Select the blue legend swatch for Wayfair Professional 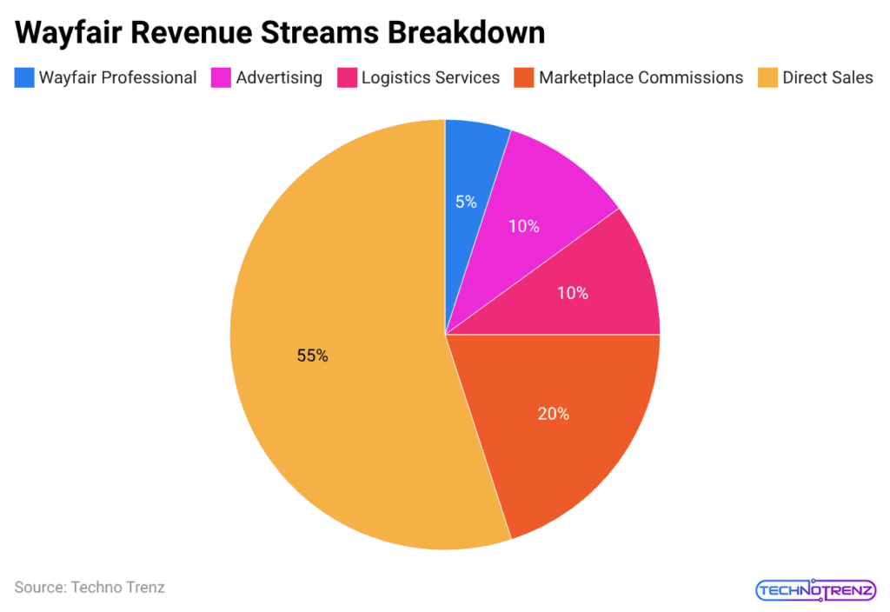click(x=24, y=77)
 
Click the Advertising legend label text click(x=279, y=77)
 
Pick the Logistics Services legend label click(x=430, y=77)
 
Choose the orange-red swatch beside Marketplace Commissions click(x=524, y=77)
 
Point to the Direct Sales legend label click(x=827, y=77)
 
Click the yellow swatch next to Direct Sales click(x=768, y=77)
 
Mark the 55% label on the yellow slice click(x=312, y=356)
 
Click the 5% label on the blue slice click(x=466, y=202)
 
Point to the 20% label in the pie click(x=553, y=414)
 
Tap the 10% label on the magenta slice click(x=524, y=227)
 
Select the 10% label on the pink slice click(x=572, y=294)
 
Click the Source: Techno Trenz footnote click(x=90, y=588)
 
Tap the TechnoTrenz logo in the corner click(x=815, y=591)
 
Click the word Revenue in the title click(x=203, y=33)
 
